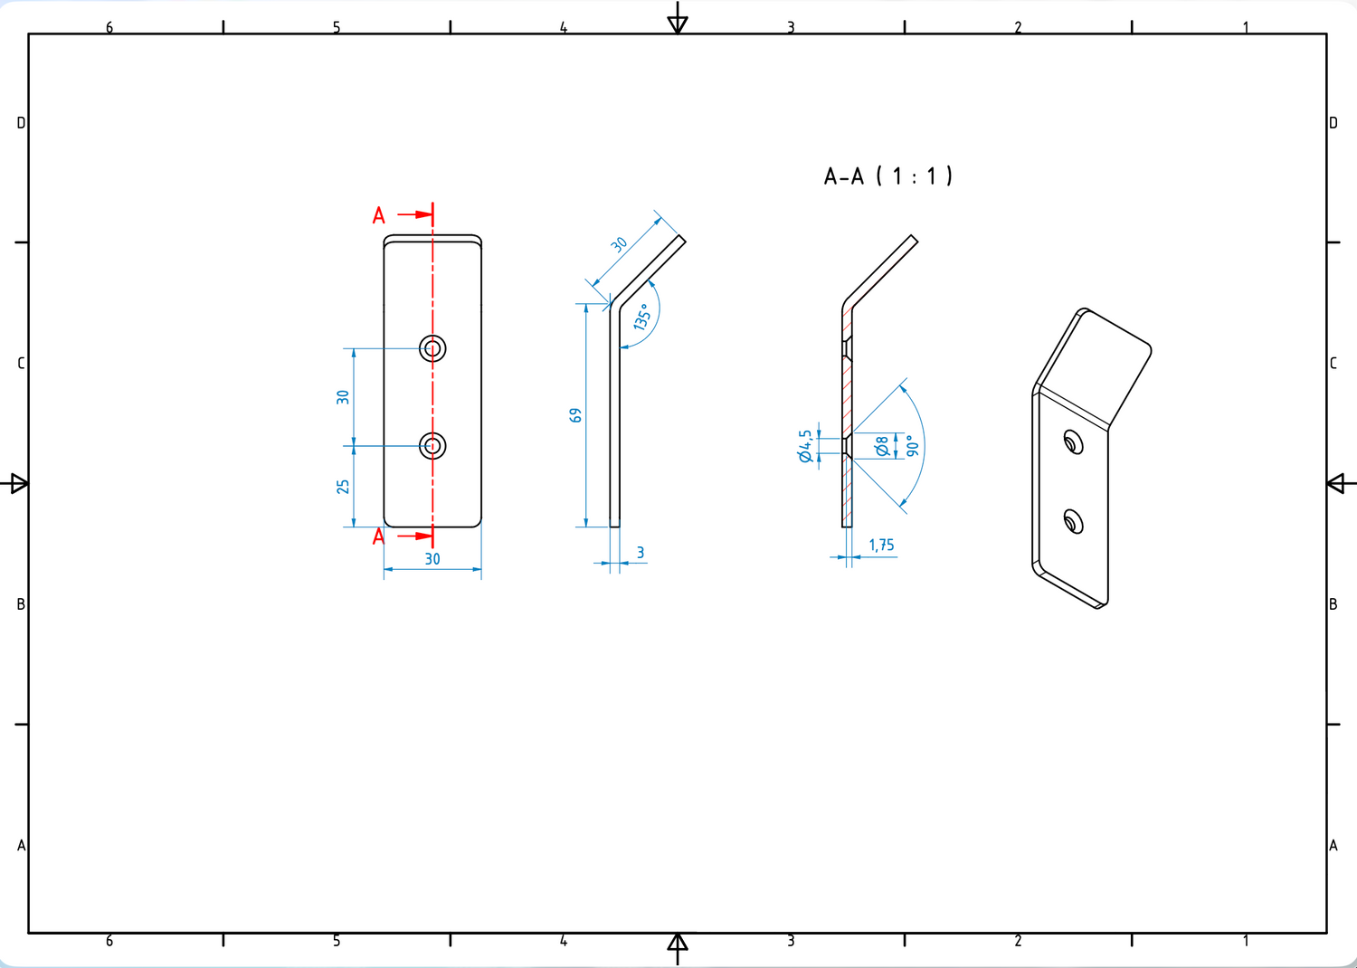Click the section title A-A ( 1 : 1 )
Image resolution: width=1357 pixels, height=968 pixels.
[x=888, y=176]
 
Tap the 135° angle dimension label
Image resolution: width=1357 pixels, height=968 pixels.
[x=642, y=317]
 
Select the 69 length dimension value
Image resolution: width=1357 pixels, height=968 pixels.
[x=574, y=415]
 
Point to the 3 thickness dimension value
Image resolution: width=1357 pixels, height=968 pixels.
[x=641, y=553]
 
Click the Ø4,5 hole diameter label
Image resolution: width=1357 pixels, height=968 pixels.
[x=804, y=446]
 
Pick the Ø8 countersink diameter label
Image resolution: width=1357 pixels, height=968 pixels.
[x=881, y=446]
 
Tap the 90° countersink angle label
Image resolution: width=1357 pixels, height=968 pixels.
[x=912, y=445]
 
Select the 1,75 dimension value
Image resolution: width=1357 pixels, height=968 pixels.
[x=881, y=546]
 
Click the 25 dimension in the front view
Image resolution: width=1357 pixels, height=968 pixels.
[x=343, y=487]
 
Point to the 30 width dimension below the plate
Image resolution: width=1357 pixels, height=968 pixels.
[x=432, y=559]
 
